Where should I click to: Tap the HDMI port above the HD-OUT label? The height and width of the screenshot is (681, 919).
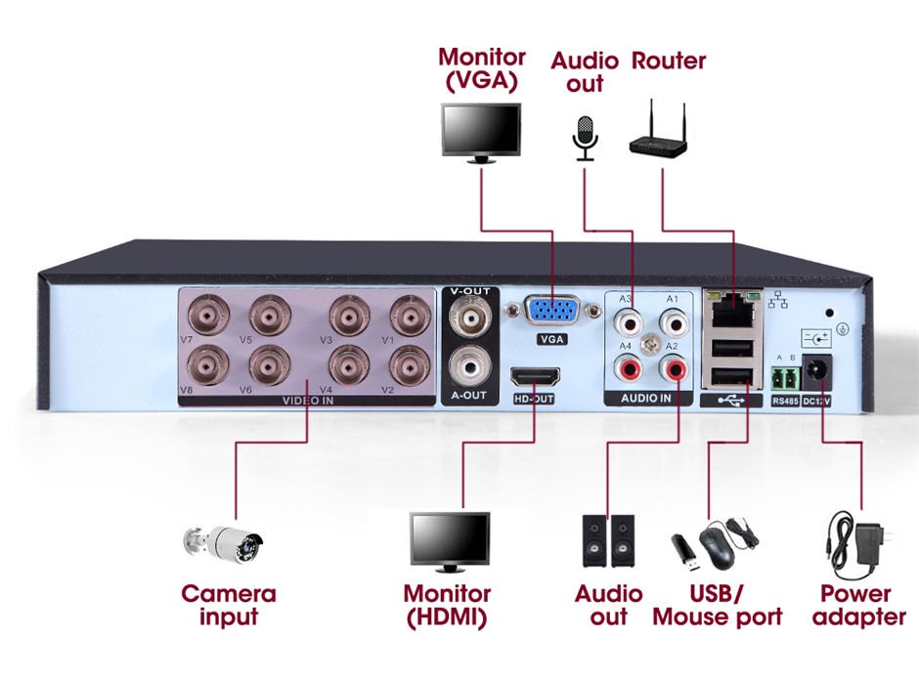(534, 377)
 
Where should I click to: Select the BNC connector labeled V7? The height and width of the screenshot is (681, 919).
(208, 316)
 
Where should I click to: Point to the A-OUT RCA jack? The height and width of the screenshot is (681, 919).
(469, 369)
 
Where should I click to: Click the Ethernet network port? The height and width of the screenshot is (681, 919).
(729, 313)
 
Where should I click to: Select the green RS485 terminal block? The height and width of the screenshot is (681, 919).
(784, 377)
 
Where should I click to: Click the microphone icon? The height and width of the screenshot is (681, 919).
(585, 138)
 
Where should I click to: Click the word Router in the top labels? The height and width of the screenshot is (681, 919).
(669, 61)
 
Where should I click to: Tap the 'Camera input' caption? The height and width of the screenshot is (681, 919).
(229, 605)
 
